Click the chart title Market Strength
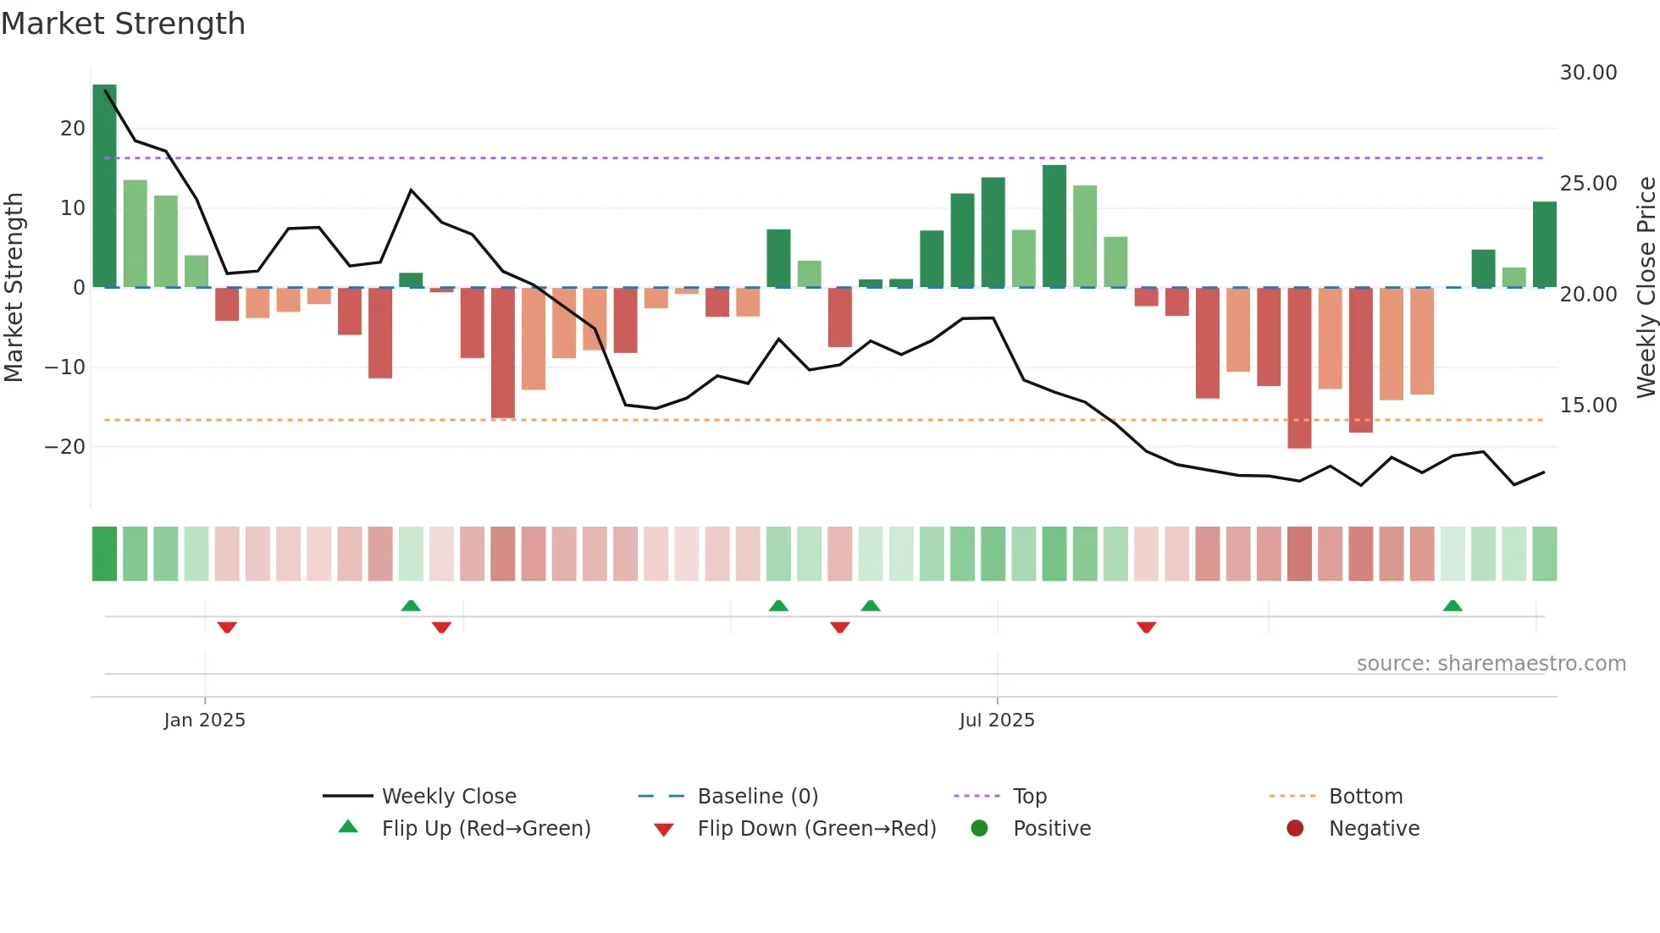coord(123,24)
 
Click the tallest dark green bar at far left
coord(104,186)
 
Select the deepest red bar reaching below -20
coord(1298,368)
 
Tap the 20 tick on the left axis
coord(73,129)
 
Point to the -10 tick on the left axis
coord(65,367)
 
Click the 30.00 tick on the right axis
coord(1588,73)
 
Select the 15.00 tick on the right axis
coord(1588,406)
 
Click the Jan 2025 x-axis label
coord(204,720)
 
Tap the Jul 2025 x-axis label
coord(997,720)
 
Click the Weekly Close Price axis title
coord(1646,288)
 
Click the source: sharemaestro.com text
coord(1491,664)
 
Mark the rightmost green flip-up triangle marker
coord(1452,605)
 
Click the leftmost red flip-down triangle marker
coord(227,627)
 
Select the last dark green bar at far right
coord(1544,245)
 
